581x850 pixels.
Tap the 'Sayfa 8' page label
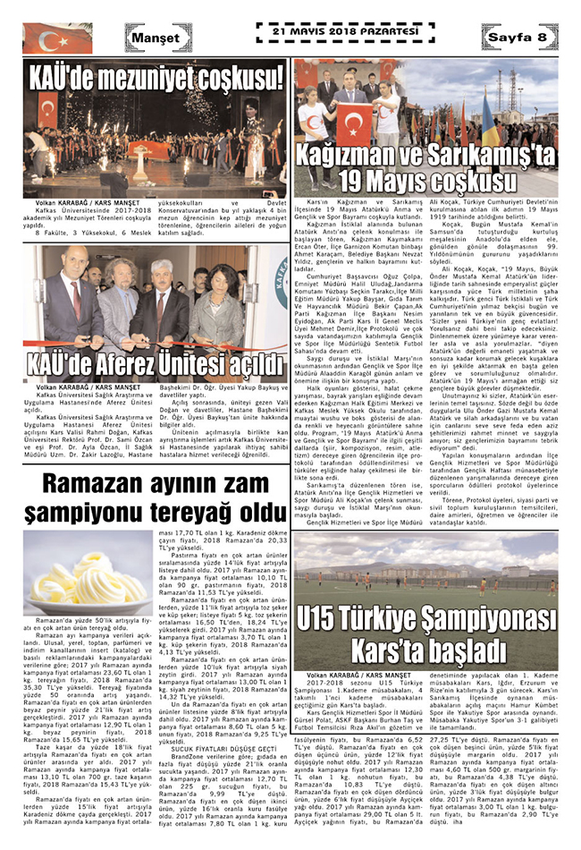(518, 37)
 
